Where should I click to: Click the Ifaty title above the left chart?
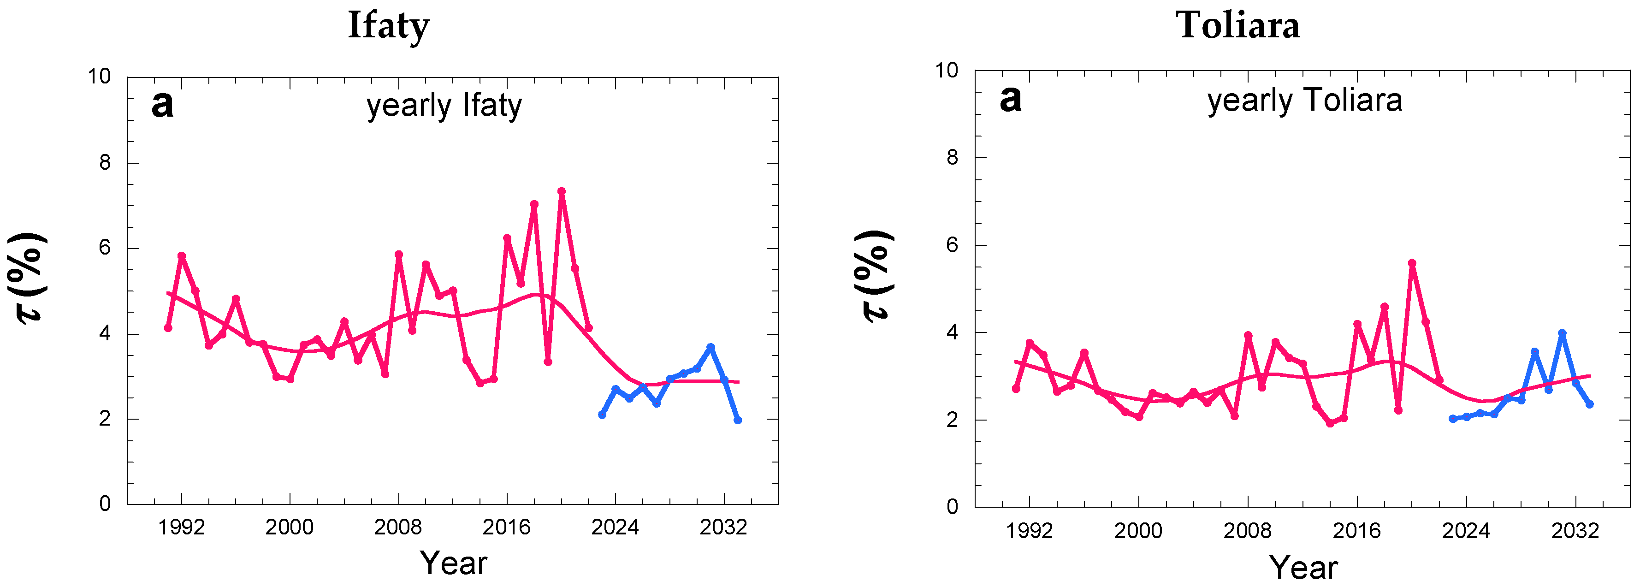388,25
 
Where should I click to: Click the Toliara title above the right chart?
1237,25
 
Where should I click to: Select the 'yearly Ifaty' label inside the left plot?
444,105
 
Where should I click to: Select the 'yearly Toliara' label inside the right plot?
1304,100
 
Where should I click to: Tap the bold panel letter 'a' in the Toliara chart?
1010,99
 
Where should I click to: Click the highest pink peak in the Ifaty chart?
562,191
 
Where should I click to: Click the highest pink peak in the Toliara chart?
1412,262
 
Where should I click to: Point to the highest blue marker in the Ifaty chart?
710,347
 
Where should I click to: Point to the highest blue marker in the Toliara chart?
1562,333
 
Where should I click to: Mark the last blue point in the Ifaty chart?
737,420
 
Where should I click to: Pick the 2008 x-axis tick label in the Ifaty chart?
398,527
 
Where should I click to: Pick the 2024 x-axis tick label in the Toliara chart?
1466,530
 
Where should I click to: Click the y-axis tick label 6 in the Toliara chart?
952,245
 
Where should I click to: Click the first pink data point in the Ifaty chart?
168,327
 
